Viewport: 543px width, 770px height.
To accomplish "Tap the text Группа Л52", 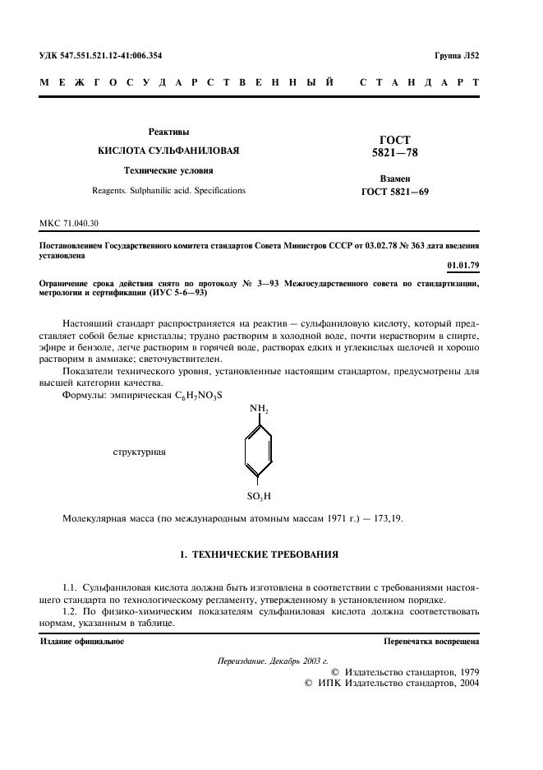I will tap(458, 56).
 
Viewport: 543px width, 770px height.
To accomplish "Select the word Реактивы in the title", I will tap(168, 132).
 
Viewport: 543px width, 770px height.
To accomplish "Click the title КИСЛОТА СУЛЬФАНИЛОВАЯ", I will tap(168, 151).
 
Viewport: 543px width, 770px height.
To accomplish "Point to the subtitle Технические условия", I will tap(168, 171).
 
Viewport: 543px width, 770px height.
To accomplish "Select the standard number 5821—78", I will tap(396, 153).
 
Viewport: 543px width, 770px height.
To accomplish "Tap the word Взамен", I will tap(396, 179).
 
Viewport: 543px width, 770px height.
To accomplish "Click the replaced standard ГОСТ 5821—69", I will tap(396, 192).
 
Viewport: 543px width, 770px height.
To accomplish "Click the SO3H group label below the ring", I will tap(259, 497).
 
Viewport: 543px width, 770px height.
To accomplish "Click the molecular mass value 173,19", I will tap(386, 519).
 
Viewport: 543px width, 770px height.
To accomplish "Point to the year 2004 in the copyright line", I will tap(465, 683).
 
